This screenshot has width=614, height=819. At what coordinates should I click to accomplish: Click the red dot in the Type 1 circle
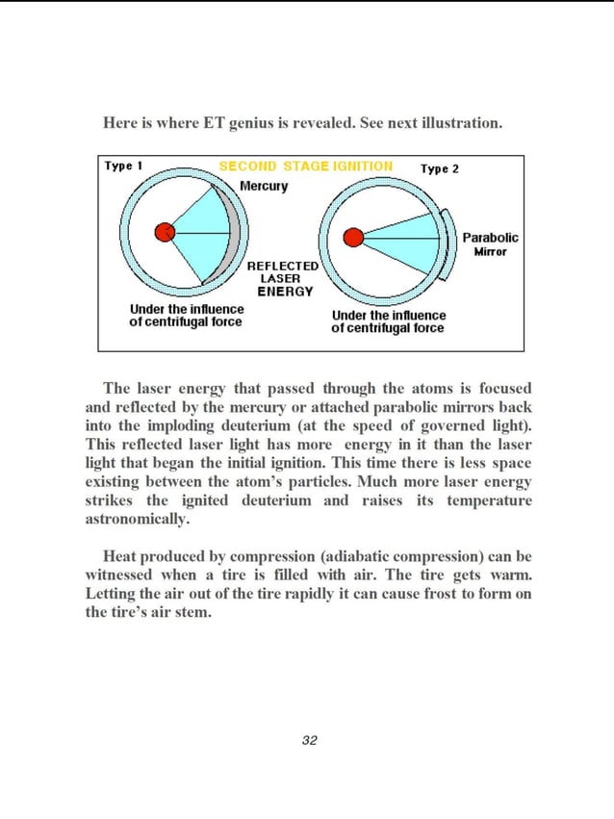[166, 231]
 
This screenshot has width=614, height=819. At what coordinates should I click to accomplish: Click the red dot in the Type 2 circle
[353, 237]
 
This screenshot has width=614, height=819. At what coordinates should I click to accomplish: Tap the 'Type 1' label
[124, 166]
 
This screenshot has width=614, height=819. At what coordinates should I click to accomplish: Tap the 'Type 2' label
[440, 168]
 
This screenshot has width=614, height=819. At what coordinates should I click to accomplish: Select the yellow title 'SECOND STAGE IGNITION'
[305, 166]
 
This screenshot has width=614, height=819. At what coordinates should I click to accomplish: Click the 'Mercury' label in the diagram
[263, 186]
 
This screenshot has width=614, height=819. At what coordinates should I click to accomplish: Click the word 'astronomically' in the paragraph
[138, 519]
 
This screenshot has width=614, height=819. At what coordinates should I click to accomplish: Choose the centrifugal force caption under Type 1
[186, 316]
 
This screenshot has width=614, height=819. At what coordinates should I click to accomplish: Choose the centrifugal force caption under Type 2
[388, 321]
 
